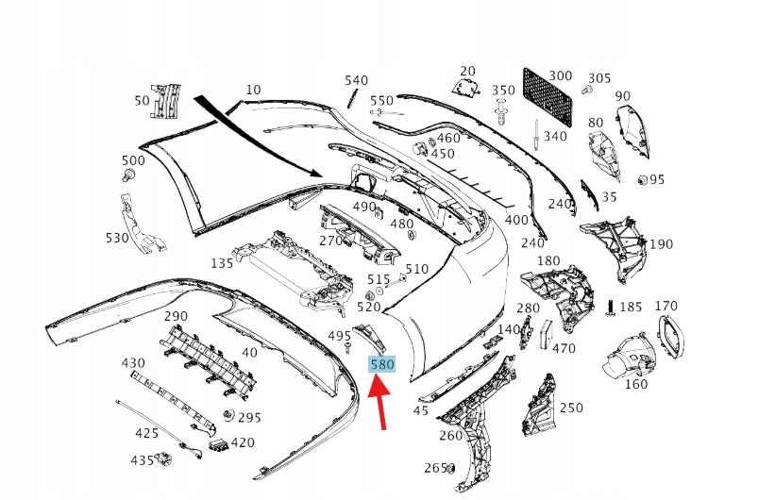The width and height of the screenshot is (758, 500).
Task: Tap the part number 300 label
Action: click(x=560, y=75)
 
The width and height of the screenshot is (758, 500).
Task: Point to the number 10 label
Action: click(x=253, y=90)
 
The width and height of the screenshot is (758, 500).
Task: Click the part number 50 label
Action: click(x=143, y=100)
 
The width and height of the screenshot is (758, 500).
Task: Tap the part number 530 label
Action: click(x=117, y=238)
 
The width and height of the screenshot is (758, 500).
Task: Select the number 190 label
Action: click(x=661, y=244)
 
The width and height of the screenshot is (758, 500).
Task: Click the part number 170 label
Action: click(x=666, y=306)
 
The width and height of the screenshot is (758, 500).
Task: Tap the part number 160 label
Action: click(x=636, y=383)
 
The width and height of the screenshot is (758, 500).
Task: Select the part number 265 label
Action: click(x=435, y=468)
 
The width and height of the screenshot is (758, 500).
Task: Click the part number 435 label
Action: click(x=143, y=460)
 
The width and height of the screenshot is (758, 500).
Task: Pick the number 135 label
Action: click(x=222, y=263)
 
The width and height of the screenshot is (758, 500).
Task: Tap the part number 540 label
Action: click(x=357, y=80)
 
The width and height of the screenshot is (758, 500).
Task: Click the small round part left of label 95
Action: click(x=642, y=179)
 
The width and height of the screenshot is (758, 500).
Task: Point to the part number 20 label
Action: click(x=468, y=71)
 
